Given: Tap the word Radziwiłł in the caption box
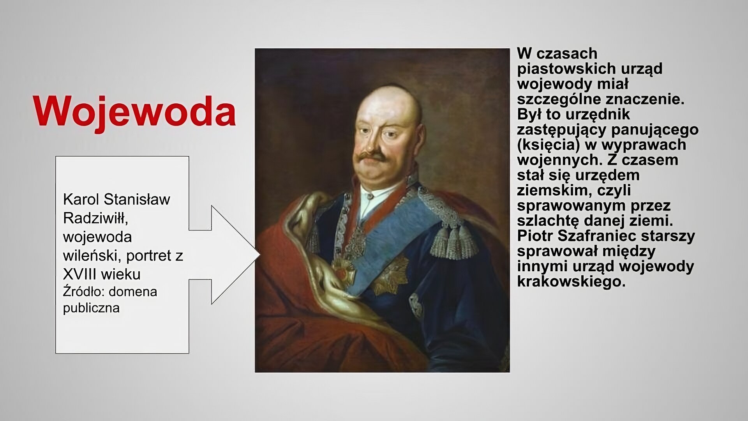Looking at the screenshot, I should (x=95, y=218).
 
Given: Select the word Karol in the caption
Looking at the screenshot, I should (x=81, y=199).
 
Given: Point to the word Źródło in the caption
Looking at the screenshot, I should (x=83, y=292).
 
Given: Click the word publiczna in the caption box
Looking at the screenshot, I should (x=91, y=308).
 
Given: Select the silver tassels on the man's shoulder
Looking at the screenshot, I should (x=454, y=242).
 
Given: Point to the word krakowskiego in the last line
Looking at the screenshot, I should (x=571, y=281).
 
